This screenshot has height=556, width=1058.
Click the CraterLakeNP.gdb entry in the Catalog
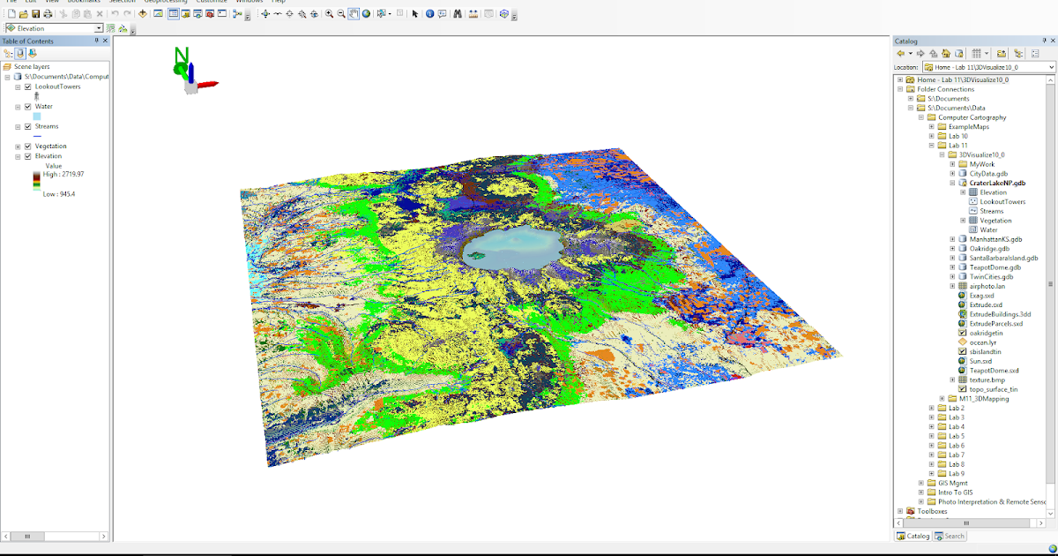tap(997, 183)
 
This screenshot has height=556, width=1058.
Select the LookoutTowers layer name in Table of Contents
tap(58, 86)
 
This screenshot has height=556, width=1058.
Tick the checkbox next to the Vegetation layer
tap(28, 147)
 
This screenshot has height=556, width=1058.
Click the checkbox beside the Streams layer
tap(28, 126)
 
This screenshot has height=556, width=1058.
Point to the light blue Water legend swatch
tap(37, 116)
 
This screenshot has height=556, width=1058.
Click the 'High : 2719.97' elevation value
tap(63, 175)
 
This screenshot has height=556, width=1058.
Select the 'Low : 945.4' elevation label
tap(59, 194)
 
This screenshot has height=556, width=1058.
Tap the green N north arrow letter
tap(181, 56)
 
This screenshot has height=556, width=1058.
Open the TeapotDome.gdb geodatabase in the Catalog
tap(995, 267)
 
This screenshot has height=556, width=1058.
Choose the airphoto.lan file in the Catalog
tap(987, 286)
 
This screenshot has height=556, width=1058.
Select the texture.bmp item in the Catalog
tap(987, 379)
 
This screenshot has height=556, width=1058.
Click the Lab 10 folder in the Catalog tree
tap(957, 136)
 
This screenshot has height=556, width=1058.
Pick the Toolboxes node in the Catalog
tap(932, 511)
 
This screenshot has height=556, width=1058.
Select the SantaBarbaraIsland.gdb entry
tap(1003, 258)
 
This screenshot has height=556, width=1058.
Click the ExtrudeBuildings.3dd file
tap(1000, 314)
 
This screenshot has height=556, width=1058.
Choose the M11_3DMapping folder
tap(984, 399)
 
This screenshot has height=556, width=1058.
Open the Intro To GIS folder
tap(956, 492)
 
